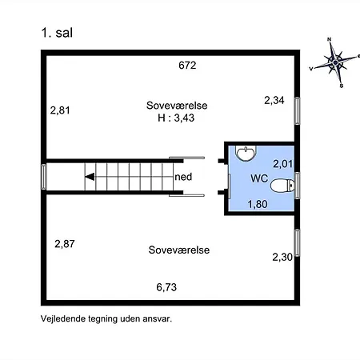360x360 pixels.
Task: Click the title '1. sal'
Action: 58,33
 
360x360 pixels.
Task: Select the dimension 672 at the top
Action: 187,66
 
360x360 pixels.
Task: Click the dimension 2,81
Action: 61,110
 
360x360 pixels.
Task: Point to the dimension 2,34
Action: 275,100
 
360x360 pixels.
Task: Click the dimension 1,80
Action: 258,205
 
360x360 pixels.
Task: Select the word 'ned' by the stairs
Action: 182,177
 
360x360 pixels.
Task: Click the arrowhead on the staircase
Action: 90,177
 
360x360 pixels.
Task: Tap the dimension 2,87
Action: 66,243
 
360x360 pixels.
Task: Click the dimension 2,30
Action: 282,257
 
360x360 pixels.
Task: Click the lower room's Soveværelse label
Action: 179,250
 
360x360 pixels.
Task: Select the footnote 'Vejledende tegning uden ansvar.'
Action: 106,318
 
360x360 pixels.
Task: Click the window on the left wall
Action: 43,177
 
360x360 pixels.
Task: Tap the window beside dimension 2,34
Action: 297,110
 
